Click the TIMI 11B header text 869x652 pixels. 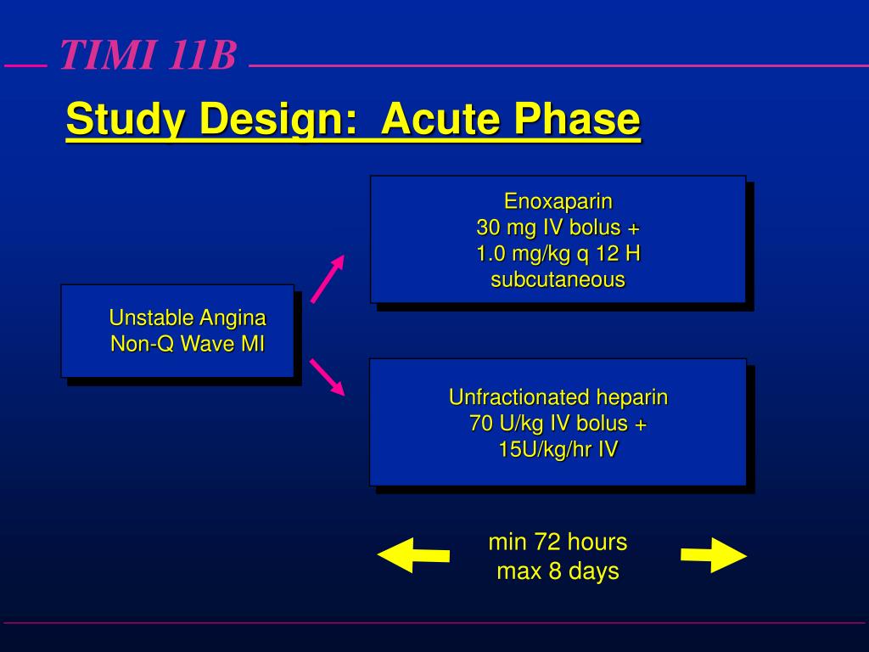148,57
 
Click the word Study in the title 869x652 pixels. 127,120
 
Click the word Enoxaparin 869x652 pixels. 558,202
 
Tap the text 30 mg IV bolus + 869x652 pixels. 558,228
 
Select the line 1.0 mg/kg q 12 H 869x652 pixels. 558,254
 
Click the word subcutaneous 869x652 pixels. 558,279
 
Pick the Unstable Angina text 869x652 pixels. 188,318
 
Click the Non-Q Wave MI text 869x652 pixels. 188,344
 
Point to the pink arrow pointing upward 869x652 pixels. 328,278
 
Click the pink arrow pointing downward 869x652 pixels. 328,377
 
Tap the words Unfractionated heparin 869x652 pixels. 558,397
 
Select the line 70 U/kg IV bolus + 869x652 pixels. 558,423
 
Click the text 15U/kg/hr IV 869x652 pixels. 558,449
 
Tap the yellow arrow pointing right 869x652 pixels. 714,555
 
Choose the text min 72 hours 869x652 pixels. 558,542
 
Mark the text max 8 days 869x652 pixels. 558,570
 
